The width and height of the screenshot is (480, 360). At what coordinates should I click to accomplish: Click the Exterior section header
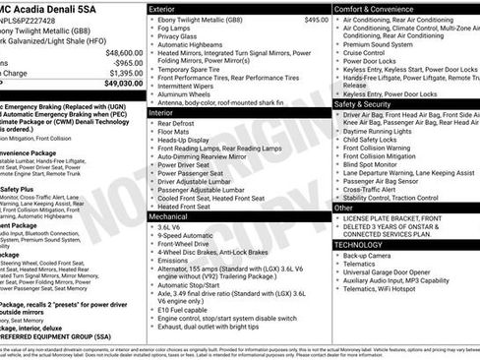click(x=168, y=9)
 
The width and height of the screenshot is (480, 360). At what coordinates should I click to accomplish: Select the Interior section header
click(x=166, y=113)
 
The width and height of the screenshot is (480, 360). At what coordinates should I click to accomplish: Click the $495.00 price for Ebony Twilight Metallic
click(x=317, y=20)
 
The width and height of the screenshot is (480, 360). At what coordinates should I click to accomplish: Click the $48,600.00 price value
click(x=123, y=52)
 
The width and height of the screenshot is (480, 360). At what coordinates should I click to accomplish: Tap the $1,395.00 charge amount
click(x=125, y=73)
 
